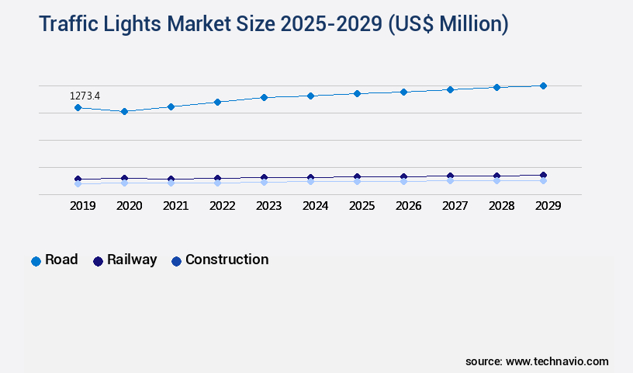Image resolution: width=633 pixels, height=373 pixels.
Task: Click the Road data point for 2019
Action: click(x=78, y=107)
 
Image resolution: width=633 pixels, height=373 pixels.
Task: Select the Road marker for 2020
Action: click(x=124, y=111)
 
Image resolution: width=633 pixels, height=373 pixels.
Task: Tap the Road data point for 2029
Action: click(x=543, y=85)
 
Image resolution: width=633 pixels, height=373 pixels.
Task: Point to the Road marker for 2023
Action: click(x=264, y=97)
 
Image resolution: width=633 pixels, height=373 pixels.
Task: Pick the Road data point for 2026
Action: click(x=403, y=92)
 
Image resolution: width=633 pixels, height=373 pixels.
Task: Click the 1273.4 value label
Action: click(x=85, y=96)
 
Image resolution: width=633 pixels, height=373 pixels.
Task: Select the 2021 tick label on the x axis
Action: click(x=175, y=206)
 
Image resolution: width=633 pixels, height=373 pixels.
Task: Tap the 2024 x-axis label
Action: click(x=315, y=206)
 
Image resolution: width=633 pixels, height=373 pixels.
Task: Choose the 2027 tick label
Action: click(x=455, y=206)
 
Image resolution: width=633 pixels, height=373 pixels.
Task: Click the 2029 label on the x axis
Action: click(x=548, y=206)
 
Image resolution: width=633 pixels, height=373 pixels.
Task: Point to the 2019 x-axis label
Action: click(x=82, y=206)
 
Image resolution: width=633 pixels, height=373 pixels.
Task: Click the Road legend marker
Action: click(x=36, y=261)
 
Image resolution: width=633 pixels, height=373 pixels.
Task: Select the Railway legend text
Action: click(x=132, y=260)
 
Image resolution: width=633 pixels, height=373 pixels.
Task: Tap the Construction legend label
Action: click(x=227, y=260)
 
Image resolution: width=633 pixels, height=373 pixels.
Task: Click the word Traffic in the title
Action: click(x=71, y=24)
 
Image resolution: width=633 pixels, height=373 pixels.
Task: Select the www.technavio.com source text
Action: click(x=557, y=361)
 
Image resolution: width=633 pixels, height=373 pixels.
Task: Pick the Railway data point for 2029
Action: click(x=543, y=176)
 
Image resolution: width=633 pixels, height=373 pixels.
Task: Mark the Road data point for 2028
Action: click(x=496, y=87)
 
